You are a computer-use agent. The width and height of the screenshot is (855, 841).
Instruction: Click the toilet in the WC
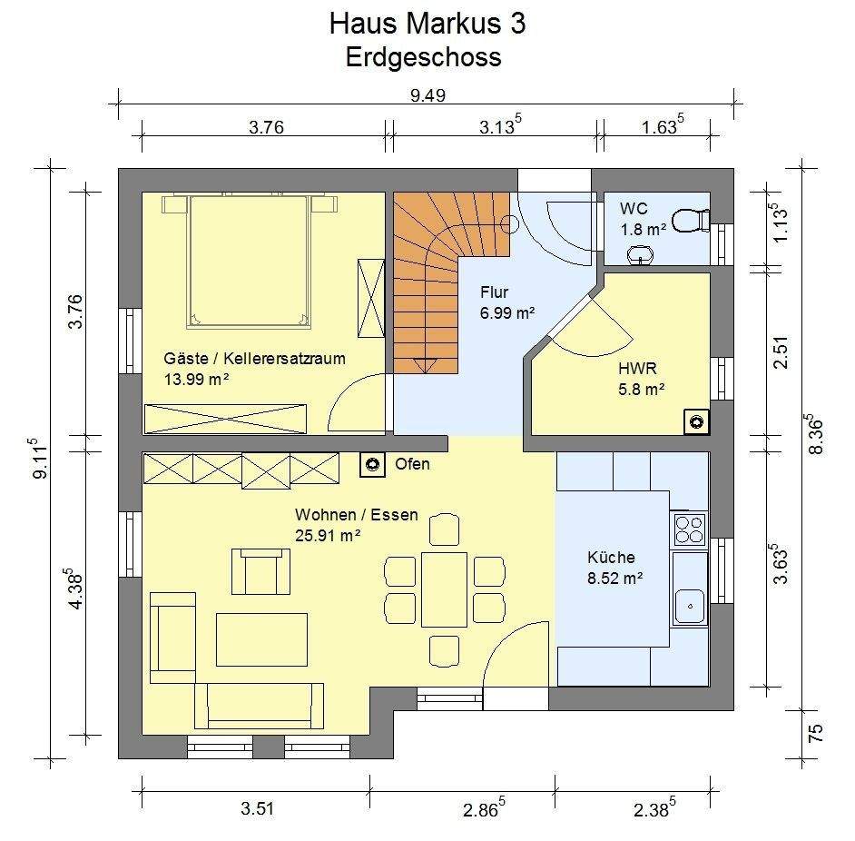(x=691, y=221)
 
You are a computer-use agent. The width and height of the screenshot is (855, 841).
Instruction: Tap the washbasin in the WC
(x=641, y=254)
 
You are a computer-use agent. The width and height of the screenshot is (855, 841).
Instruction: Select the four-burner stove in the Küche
(x=689, y=529)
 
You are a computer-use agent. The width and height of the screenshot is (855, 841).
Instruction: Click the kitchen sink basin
(x=690, y=607)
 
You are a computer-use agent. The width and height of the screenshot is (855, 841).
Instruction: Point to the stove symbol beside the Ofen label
(x=372, y=464)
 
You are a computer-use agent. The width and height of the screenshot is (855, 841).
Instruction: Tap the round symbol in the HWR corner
(x=696, y=422)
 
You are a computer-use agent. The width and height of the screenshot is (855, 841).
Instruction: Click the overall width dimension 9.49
(x=427, y=95)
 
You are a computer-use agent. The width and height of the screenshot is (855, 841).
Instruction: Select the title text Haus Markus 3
(x=427, y=24)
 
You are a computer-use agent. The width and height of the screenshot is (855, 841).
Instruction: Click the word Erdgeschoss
(x=423, y=57)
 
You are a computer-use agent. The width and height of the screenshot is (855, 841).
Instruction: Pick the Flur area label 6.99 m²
(x=507, y=313)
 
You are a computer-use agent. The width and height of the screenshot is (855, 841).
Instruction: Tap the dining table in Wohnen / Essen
(x=444, y=589)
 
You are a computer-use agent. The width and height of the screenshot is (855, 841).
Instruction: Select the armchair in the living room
(x=260, y=571)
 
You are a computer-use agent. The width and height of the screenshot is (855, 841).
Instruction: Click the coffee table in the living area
(x=261, y=639)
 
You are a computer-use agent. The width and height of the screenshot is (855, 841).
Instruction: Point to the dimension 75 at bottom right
(x=814, y=732)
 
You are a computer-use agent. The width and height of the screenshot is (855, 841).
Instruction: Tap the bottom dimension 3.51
(x=257, y=808)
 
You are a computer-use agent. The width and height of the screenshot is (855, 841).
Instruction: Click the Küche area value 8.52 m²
(x=614, y=578)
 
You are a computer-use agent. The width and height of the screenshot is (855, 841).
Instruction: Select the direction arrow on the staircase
(x=425, y=365)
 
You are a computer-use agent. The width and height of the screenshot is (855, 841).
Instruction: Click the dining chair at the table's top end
(x=444, y=529)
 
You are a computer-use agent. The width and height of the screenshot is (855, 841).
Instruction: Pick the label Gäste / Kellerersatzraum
(x=255, y=359)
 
